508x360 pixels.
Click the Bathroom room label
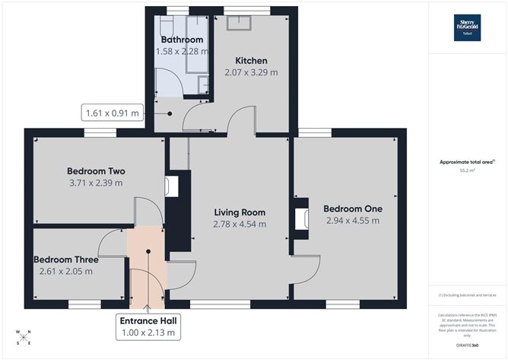point(182,40)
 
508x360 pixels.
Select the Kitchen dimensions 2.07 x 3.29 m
point(251,73)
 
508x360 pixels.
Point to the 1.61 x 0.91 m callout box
point(113,114)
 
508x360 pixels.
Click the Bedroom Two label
point(96,170)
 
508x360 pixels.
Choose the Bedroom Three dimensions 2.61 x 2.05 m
point(65,271)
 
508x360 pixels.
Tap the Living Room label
point(240,212)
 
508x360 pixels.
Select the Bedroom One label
point(352,209)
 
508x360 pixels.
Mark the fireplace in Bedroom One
point(302,218)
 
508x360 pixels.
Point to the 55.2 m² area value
point(468,171)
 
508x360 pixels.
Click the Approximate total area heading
point(468,161)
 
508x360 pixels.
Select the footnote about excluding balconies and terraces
point(468,295)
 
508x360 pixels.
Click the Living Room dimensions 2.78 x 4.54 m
point(240,225)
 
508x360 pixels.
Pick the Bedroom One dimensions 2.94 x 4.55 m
point(352,221)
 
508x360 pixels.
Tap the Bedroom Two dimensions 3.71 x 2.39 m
point(96,183)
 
